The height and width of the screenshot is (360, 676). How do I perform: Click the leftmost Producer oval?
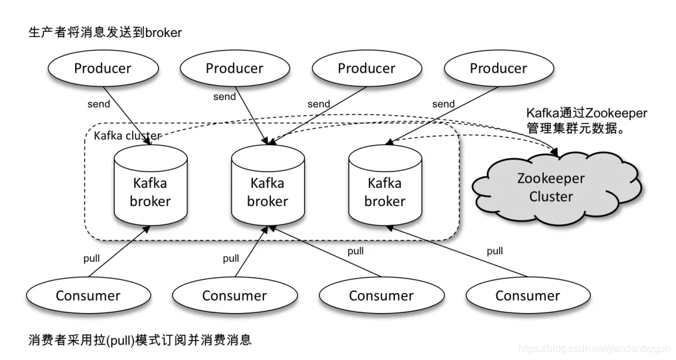point(103,68)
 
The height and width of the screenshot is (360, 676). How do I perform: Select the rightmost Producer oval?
point(498,68)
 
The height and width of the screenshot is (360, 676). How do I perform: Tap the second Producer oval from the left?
point(235,68)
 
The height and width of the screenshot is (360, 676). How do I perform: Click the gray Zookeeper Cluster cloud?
point(550,187)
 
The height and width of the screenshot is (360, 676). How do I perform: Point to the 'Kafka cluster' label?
point(127,136)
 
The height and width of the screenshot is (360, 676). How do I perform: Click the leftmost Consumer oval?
point(88,296)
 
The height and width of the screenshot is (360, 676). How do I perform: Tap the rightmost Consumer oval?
point(528,296)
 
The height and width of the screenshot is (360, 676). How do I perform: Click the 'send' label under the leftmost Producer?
point(99,104)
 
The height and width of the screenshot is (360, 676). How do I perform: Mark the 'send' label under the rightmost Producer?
point(443,104)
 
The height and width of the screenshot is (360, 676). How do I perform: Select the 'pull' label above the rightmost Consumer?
point(494,251)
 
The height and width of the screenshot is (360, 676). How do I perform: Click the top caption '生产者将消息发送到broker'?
point(105,33)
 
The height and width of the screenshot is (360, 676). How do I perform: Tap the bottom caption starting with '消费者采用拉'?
point(140,340)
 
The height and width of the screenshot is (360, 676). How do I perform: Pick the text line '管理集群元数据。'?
point(576,130)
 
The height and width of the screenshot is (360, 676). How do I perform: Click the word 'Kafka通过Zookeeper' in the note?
point(586,113)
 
